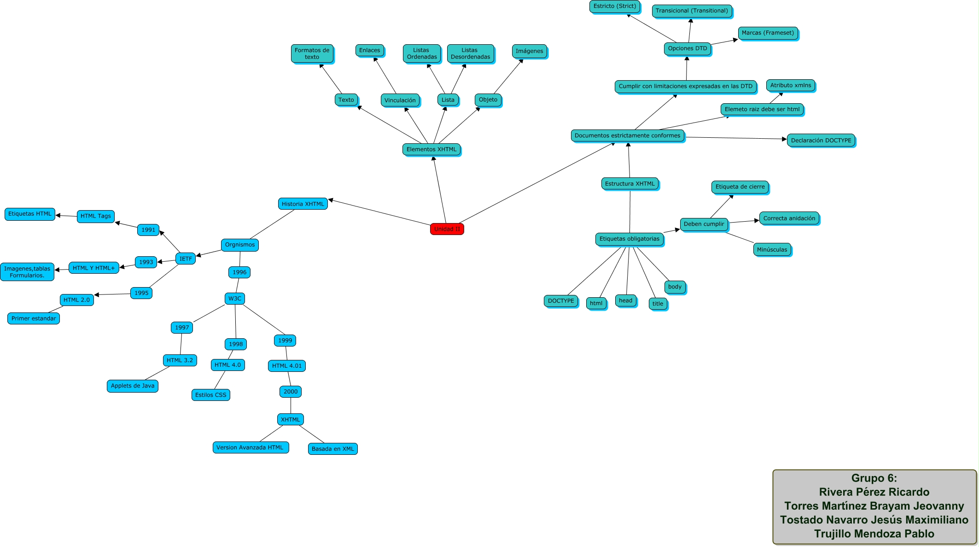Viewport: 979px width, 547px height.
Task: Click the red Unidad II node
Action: coord(447,229)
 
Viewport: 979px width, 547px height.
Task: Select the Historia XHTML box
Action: coord(303,204)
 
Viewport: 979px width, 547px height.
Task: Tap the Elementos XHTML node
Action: coord(431,149)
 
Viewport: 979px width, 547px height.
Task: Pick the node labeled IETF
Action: coord(186,259)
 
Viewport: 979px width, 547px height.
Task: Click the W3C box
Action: coord(235,299)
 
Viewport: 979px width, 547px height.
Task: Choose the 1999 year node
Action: coord(285,341)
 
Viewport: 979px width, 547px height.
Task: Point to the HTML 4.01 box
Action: coord(286,366)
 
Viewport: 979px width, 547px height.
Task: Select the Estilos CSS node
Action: coord(210,395)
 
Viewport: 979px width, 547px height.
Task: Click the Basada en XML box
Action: coord(332,449)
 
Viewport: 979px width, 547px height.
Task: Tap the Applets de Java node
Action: coord(132,386)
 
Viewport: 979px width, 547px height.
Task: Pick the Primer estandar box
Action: coord(34,318)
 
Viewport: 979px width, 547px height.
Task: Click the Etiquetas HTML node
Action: coord(30,214)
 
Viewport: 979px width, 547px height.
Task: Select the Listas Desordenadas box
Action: coord(470,53)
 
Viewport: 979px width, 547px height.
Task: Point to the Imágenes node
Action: coord(529,51)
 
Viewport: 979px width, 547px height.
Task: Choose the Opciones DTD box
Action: coord(688,48)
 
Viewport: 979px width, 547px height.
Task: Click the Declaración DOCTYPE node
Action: coord(821,141)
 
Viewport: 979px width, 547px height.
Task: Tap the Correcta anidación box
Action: coord(789,218)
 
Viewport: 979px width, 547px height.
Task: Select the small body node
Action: coord(675,287)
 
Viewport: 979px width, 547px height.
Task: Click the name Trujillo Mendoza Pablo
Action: coord(874,534)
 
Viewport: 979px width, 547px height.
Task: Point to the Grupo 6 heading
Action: coord(874,478)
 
